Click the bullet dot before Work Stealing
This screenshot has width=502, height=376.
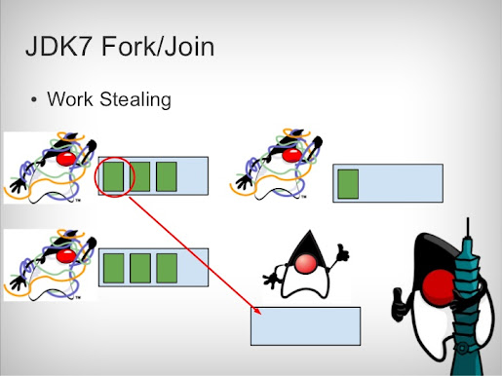pos(34,100)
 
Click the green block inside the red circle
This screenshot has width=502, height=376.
pos(116,176)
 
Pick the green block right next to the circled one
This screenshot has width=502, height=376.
pos(141,176)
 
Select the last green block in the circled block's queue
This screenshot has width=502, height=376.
pos(166,176)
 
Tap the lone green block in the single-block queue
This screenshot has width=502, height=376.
pos(348,183)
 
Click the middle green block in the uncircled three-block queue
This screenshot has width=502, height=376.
pos(141,267)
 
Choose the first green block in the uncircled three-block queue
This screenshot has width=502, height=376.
pos(115,267)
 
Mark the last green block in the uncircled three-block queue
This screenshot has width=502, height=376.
pos(167,267)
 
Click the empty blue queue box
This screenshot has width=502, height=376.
pos(305,326)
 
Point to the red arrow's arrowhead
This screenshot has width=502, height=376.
pos(257,313)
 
